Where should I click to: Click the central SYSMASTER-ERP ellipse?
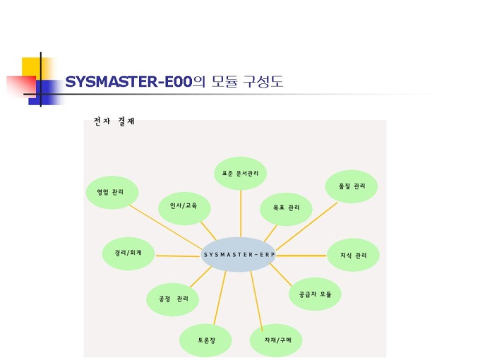238,254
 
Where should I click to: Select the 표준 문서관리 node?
241,173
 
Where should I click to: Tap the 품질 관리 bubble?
352,186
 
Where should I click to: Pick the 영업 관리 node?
112,192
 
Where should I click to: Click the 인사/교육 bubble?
184,208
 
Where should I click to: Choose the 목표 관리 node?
286,208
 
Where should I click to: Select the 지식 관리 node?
354,254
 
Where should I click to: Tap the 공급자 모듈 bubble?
315,293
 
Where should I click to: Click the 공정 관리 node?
173,299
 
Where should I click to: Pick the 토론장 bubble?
205,340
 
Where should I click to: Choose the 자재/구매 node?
276,340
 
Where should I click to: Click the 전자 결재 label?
114,121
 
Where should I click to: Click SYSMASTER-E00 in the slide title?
128,83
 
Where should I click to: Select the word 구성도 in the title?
263,83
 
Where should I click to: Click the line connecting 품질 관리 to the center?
306,225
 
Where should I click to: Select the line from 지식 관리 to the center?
302,253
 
